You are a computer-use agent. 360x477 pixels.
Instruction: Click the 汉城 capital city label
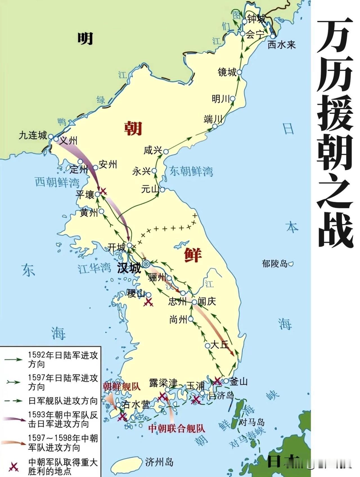pos(129,269)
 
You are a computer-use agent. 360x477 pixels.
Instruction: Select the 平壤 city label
pos(85,195)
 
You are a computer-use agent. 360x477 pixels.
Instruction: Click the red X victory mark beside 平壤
pos(103,191)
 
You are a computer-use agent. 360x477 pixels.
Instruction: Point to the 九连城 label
pos(33,136)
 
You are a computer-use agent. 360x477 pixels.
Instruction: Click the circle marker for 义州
pos(56,139)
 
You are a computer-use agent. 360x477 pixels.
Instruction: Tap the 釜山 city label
pos(238,382)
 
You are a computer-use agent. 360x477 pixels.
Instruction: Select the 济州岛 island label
pos(159,462)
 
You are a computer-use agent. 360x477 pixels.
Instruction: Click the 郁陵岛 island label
pos(274,264)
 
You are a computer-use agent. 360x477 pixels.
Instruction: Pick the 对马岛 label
pos(251,422)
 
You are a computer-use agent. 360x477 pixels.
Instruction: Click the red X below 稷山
pos(148,302)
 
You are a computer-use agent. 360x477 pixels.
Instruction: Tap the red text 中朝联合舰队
pos(177,428)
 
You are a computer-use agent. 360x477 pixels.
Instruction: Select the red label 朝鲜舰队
pos(121,387)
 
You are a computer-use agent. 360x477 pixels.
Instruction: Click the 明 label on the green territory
pos(85,38)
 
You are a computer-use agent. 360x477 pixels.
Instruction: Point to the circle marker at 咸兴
pos(166,152)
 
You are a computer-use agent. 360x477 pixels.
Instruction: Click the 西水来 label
pos(281,45)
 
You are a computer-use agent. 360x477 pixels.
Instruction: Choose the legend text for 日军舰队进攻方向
pos(63,401)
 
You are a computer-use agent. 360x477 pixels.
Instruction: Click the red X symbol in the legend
pos(14,467)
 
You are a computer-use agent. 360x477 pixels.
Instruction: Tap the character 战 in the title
pos(335,230)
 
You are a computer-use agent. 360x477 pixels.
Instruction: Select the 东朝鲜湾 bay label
pos(191,171)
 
